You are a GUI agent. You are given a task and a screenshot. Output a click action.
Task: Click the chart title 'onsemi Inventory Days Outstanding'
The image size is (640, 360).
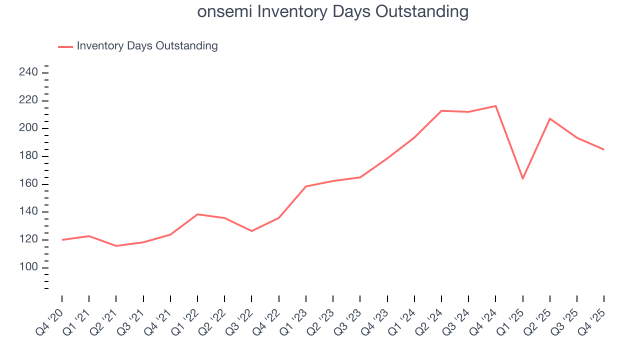click(x=332, y=11)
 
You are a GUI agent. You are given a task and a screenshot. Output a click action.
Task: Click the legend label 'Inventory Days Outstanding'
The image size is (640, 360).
click(x=147, y=46)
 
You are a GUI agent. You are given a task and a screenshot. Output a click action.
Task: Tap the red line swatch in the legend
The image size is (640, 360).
click(x=65, y=46)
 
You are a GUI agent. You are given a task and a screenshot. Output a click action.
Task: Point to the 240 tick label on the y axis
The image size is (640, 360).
click(x=28, y=72)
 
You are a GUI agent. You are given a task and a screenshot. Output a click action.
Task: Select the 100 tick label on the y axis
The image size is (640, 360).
click(x=28, y=267)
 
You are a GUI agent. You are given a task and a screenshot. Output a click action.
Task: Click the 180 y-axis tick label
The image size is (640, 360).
click(x=28, y=156)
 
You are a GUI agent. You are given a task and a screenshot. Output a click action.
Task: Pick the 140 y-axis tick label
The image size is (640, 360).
click(x=28, y=212)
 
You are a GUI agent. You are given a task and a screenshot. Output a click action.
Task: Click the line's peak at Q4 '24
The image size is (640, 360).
click(x=495, y=106)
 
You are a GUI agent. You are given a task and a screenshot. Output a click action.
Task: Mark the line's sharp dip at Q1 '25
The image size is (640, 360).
click(x=522, y=178)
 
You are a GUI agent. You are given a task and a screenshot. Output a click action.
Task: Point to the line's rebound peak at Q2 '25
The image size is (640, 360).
click(x=549, y=118)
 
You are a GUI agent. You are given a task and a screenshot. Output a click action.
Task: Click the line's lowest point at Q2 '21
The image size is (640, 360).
click(x=116, y=246)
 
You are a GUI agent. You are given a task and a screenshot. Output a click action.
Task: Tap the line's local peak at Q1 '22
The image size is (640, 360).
click(x=197, y=214)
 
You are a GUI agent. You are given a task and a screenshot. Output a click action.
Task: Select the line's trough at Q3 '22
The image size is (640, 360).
click(x=251, y=231)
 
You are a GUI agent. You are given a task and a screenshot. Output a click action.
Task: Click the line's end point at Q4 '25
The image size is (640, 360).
click(x=603, y=149)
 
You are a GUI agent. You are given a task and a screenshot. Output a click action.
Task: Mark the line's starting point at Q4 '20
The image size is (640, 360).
click(x=62, y=240)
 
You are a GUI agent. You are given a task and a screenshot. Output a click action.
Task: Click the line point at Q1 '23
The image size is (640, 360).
click(x=305, y=186)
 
